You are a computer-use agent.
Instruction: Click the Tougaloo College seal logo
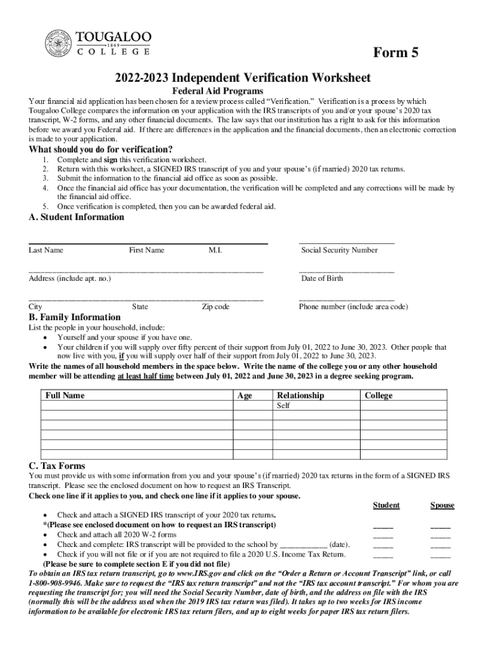click(58, 44)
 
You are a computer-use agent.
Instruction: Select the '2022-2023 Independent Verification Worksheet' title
click(243, 78)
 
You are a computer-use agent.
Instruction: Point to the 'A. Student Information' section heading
click(77, 217)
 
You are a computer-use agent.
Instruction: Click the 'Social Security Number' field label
click(339, 250)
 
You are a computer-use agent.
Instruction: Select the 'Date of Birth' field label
click(322, 278)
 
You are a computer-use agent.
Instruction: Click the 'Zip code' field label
click(215, 307)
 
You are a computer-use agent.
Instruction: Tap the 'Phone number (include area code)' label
click(354, 307)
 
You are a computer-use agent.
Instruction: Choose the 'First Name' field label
click(146, 250)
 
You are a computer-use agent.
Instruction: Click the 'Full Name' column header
click(65, 395)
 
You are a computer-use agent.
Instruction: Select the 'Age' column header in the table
click(244, 395)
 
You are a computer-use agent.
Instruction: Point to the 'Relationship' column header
click(300, 395)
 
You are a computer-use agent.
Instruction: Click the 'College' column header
click(378, 395)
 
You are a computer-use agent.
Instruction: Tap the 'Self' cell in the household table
click(283, 406)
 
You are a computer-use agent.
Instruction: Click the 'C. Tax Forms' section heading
click(57, 466)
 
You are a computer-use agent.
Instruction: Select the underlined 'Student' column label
click(386, 505)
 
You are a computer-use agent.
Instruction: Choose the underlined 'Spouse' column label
click(442, 505)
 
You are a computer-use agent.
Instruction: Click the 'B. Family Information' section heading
click(75, 317)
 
